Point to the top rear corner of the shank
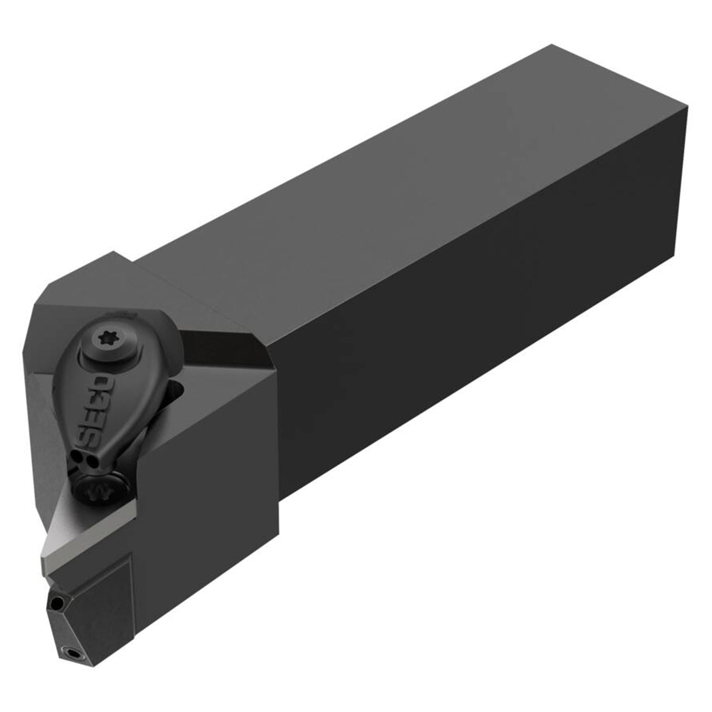[x=552, y=44]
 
